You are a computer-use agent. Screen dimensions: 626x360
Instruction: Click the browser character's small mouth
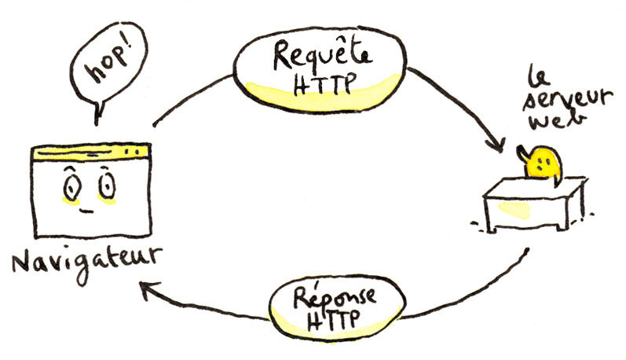click(87, 211)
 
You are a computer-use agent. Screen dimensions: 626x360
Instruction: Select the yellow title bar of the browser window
click(91, 149)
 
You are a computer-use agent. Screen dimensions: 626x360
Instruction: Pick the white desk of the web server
click(535, 203)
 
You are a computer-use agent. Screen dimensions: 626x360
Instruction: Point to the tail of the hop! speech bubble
click(97, 114)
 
